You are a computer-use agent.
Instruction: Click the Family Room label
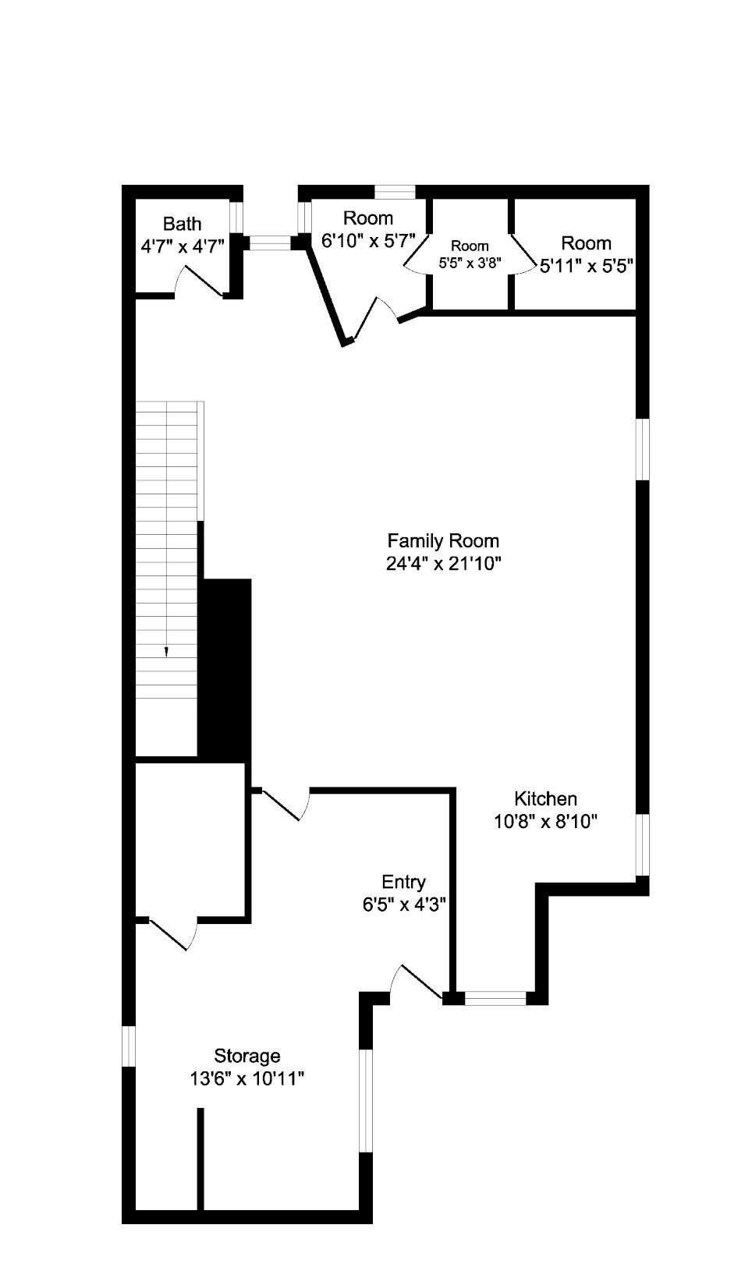442,540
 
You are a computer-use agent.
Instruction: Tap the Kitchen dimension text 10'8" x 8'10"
545,822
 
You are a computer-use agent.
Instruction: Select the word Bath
182,223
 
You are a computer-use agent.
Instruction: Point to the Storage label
247,1056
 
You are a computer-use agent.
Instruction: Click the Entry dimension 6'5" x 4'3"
404,904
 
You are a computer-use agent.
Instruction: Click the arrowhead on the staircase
166,652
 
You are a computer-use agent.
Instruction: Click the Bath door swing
199,280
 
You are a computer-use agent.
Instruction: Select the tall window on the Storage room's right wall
366,1101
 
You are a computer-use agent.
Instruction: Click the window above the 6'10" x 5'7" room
395,192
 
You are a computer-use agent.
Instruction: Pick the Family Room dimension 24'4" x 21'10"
444,564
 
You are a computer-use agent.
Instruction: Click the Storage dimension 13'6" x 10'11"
247,1079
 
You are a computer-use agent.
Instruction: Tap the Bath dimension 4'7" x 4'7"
182,246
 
